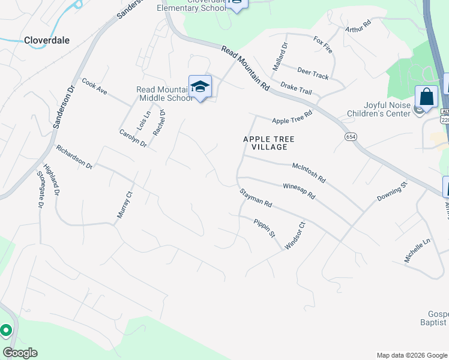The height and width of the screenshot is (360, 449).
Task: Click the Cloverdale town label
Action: (47, 40)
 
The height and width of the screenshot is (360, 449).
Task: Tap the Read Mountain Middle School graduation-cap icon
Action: (200, 86)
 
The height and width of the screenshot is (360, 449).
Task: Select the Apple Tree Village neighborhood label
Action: (270, 143)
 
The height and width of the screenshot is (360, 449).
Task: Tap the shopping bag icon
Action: (426, 96)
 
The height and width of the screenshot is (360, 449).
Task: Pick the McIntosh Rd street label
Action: (308, 171)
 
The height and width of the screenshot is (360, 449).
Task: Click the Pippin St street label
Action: (264, 228)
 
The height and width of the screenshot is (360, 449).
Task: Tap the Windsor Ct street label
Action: (295, 236)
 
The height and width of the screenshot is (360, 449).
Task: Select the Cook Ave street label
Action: (94, 87)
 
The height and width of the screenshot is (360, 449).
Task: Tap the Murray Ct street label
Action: (123, 205)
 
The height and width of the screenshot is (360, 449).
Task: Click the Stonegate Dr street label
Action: (41, 190)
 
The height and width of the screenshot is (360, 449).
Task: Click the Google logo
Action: (20, 353)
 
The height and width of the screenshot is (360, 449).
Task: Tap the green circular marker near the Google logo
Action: (6, 330)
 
